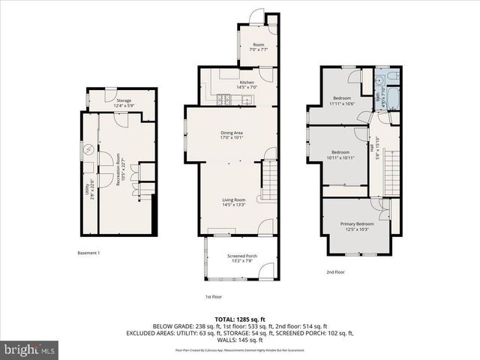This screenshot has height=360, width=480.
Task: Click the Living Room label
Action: pos(233,202)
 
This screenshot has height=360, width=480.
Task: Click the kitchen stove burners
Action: pos(223,99)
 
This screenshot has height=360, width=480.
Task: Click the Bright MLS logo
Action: pos(30,349)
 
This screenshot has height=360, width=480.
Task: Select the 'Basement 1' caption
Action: pos(89,253)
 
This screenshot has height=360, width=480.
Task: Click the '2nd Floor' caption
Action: pos(335,271)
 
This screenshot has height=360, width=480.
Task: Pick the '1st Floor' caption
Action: pos(214,296)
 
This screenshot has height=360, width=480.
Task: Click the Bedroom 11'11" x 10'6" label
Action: pos(341,101)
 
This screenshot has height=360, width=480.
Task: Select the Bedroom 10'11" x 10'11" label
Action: pos(340,154)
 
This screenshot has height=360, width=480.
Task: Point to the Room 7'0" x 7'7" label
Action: pos(259,47)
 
